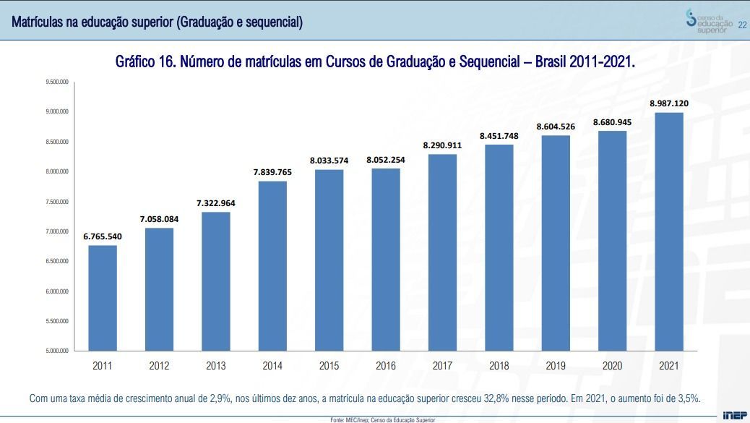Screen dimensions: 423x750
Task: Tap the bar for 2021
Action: [x=668, y=231]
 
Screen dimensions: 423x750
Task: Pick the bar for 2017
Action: [x=442, y=252]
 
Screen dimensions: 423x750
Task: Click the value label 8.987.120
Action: [x=668, y=103]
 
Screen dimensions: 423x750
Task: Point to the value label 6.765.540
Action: [x=103, y=236]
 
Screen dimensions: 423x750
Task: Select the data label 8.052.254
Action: [x=386, y=160]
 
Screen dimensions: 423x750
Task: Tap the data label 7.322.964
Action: [x=215, y=203]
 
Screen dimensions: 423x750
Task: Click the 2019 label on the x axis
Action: [x=556, y=366]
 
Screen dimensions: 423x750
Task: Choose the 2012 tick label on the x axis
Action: [x=159, y=366]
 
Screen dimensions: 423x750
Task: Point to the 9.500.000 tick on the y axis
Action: [x=56, y=82]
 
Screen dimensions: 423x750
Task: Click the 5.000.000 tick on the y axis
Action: [x=56, y=351]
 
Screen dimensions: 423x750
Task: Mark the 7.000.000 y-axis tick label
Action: [x=56, y=231]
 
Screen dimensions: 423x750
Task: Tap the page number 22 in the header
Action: [x=741, y=25]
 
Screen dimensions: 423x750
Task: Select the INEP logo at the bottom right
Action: [x=735, y=416]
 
